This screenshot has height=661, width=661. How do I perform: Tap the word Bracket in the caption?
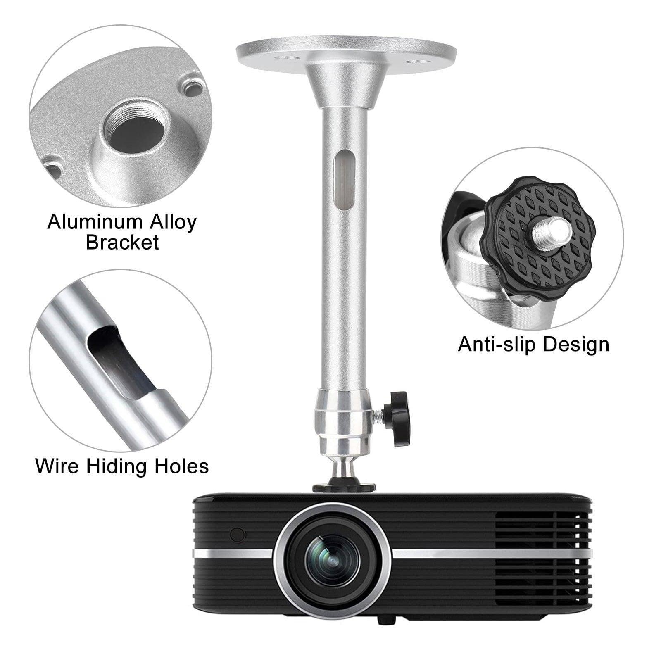coord(122,242)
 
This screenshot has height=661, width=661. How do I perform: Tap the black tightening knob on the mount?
coord(397,419)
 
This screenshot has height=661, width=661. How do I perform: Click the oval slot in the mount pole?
coord(344,181)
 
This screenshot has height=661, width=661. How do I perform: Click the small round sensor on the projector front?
coord(237,535)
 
